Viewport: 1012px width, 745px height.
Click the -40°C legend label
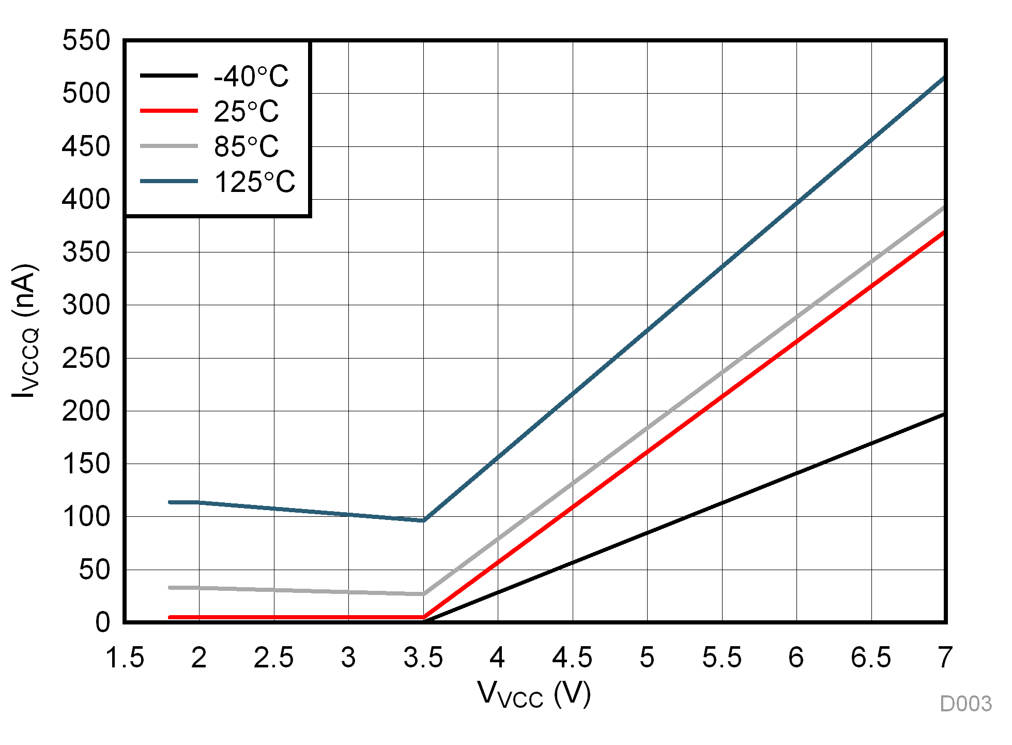pos(251,77)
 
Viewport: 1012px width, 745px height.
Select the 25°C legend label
pos(246,112)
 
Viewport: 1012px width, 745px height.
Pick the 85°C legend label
pos(246,147)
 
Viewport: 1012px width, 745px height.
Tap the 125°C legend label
pos(254,182)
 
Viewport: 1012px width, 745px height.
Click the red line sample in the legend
pos(169,111)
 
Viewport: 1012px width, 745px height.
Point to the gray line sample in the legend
pos(169,146)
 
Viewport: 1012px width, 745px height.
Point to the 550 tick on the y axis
pos(86,40)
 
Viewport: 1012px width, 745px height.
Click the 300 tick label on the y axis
pos(86,305)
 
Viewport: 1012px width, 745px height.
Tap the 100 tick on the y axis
pos(86,517)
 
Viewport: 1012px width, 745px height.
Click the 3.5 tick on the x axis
pos(423,658)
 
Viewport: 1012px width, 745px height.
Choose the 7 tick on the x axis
pos(945,658)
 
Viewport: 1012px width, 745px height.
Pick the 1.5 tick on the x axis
pos(125,658)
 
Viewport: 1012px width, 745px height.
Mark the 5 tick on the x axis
pos(647,658)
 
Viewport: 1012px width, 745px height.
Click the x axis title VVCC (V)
pos(534,694)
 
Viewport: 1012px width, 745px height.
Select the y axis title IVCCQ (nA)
pos(25,331)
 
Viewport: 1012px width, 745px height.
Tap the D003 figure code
pos(965,704)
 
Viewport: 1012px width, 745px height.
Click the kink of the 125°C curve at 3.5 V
pos(423,520)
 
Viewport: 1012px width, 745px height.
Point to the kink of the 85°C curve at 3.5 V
pos(423,594)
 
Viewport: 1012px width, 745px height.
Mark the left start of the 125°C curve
pos(170,502)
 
